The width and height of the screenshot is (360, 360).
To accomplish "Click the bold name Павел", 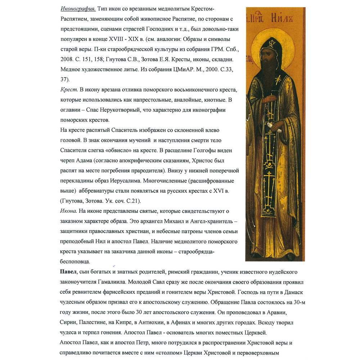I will pyautogui.click(x=68, y=271).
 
